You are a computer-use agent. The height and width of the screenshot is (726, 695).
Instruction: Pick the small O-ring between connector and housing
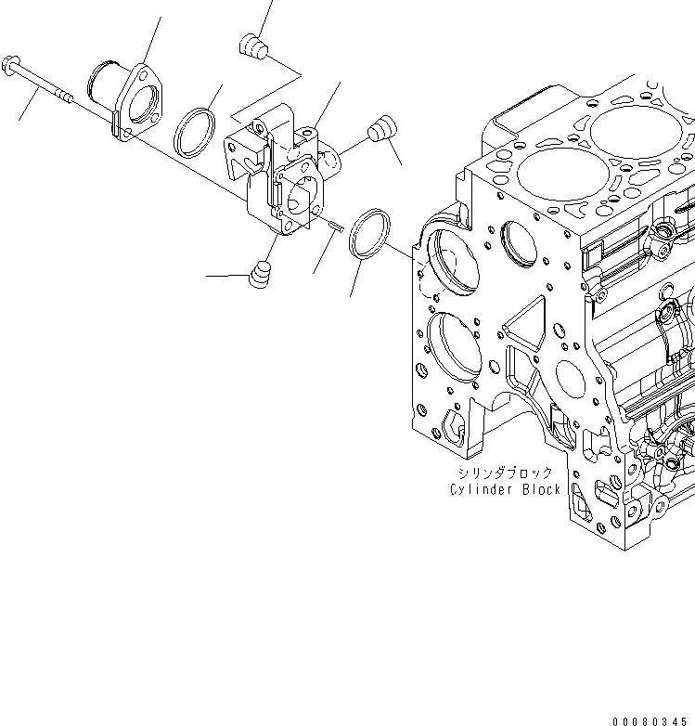196,131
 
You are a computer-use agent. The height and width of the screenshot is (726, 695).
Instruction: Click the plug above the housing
252,45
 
